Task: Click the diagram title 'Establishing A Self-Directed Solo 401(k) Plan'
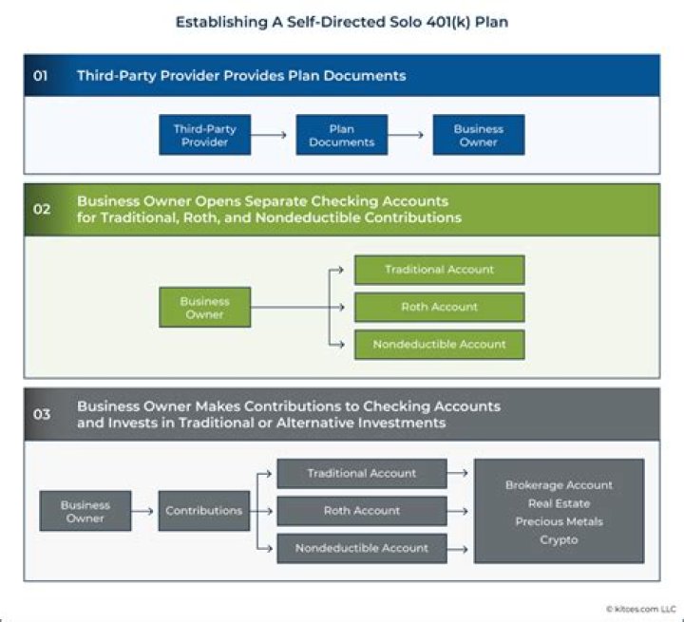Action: pos(342,22)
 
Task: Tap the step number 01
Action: pos(41,76)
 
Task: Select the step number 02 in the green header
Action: pos(42,210)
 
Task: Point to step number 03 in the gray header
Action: pos(42,414)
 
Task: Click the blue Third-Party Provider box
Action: pos(205,135)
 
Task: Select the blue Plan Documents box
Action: pos(342,135)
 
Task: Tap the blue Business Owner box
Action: pos(478,135)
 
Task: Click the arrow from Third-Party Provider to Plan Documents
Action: pos(273,135)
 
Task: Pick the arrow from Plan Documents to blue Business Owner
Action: pos(409,135)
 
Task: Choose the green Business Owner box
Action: pos(205,308)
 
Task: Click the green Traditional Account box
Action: pos(439,270)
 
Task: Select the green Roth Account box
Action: pos(439,307)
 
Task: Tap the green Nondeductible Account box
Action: pos(439,344)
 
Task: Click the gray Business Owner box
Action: pos(85,511)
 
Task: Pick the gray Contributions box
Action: pos(204,511)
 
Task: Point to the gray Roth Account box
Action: pos(362,511)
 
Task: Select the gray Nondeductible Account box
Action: pos(362,548)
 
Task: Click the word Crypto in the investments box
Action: pos(559,539)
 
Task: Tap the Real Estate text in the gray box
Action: pos(559,503)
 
